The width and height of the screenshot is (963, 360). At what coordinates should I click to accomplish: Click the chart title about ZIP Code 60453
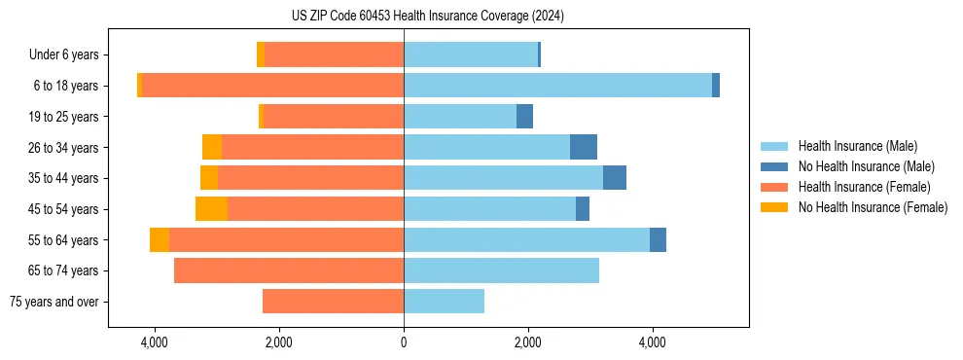427,16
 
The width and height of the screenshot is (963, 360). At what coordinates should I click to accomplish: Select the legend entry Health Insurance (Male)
857,146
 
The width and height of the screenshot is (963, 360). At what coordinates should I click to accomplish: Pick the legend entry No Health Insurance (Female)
873,207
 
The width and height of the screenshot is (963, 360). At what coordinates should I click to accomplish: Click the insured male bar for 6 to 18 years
557,86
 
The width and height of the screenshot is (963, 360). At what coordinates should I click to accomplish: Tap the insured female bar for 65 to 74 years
289,270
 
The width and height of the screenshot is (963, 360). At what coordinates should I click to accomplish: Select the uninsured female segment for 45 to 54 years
211,209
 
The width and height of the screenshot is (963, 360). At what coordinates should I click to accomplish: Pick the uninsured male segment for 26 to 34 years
584,147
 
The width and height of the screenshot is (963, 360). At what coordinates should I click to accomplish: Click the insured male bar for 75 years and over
444,302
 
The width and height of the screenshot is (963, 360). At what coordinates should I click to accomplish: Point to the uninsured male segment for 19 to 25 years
524,117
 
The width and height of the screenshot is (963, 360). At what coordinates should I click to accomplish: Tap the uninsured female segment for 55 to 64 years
160,240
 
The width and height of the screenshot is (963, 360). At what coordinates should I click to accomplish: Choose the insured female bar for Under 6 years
334,55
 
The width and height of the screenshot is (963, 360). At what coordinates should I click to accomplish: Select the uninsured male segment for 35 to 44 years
615,178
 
